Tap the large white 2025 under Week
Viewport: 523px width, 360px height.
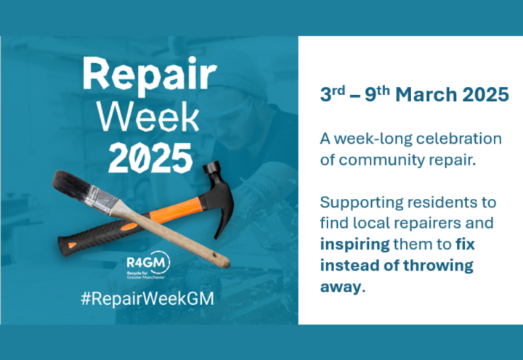pyautogui.click(x=150, y=158)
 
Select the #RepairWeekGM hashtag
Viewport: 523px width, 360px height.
pyautogui.click(x=147, y=298)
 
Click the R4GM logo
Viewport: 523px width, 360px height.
pyautogui.click(x=147, y=266)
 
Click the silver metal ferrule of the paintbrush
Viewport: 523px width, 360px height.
pyautogui.click(x=102, y=201)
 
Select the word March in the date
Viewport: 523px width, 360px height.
pyautogui.click(x=426, y=94)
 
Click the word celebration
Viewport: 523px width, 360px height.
pyautogui.click(x=458, y=139)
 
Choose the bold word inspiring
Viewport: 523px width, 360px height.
pyautogui.click(x=354, y=245)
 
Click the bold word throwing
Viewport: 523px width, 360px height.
pyautogui.click(x=438, y=266)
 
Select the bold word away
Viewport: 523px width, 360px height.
pyautogui.click(x=341, y=287)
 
